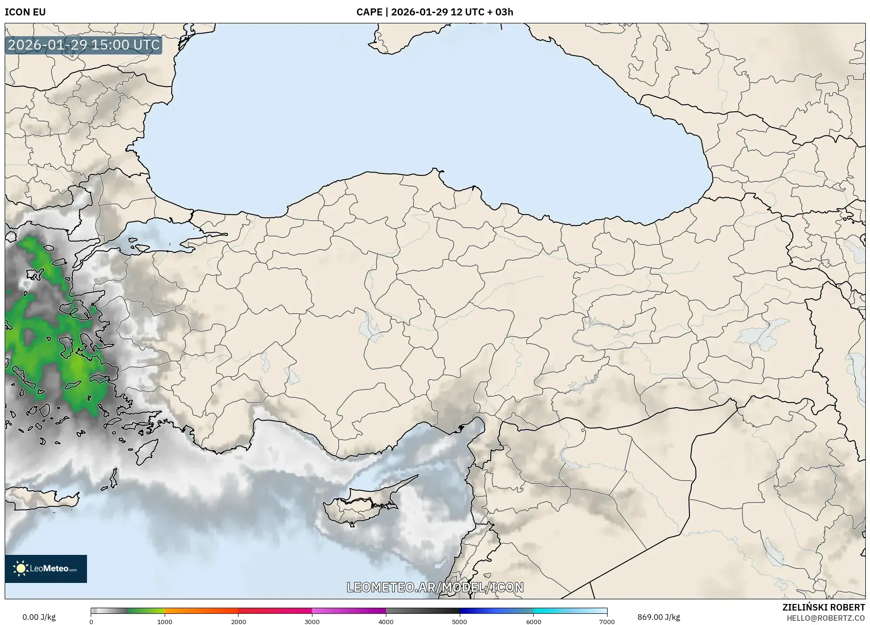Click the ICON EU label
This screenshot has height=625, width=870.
click(x=25, y=12)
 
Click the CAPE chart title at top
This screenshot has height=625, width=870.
click(x=435, y=12)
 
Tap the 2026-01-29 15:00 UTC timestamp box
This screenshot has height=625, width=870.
click(x=84, y=45)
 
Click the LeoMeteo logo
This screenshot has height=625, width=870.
click(x=46, y=568)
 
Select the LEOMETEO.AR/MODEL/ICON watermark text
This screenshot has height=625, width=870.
click(x=435, y=587)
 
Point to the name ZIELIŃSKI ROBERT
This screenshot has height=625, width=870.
click(x=823, y=607)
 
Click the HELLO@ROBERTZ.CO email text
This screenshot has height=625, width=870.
click(x=826, y=618)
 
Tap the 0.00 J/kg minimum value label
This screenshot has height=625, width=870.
click(x=39, y=617)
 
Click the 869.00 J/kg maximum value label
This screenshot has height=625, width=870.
click(x=659, y=617)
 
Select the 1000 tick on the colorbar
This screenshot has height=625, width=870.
click(x=165, y=622)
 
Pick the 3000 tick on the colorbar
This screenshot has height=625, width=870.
click(x=312, y=622)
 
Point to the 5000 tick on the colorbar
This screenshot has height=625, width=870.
click(x=459, y=622)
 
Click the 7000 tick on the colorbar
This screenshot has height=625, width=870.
click(x=607, y=622)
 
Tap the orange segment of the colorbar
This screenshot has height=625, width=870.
click(x=201, y=611)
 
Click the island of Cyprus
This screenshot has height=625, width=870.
click(x=360, y=507)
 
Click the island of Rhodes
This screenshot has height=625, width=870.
click(x=146, y=450)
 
